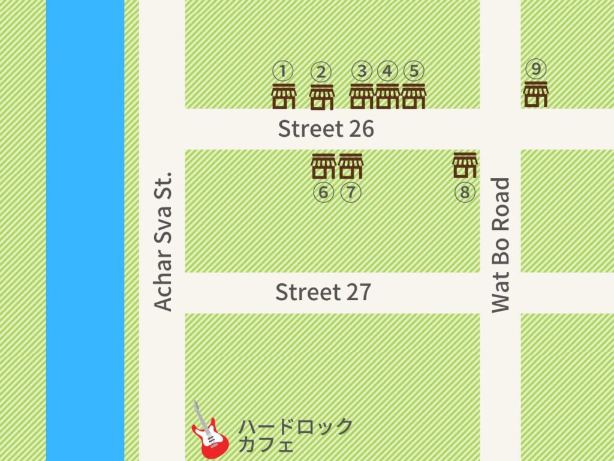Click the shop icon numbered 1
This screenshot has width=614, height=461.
tap(284, 97)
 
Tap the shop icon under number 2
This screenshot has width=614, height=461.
tap(321, 97)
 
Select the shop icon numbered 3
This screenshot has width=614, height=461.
tap(362, 97)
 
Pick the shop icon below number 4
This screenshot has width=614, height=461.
tap(387, 97)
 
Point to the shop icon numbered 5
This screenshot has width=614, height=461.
tap(413, 97)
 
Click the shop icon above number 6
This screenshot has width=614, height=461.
tap(323, 166)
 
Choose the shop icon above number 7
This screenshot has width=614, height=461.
tap(351, 166)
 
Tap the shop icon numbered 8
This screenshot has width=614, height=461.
tap(465, 165)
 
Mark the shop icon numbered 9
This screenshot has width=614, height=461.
tap(536, 94)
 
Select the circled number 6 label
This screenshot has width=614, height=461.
tap(323, 193)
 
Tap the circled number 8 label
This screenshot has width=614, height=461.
tap(465, 193)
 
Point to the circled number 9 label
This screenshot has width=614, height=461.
tap(536, 69)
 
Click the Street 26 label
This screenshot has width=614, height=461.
tap(326, 129)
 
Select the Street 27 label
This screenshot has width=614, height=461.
tap(323, 292)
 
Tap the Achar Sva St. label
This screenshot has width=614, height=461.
tap(162, 241)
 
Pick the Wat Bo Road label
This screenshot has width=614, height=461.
tap(500, 245)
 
